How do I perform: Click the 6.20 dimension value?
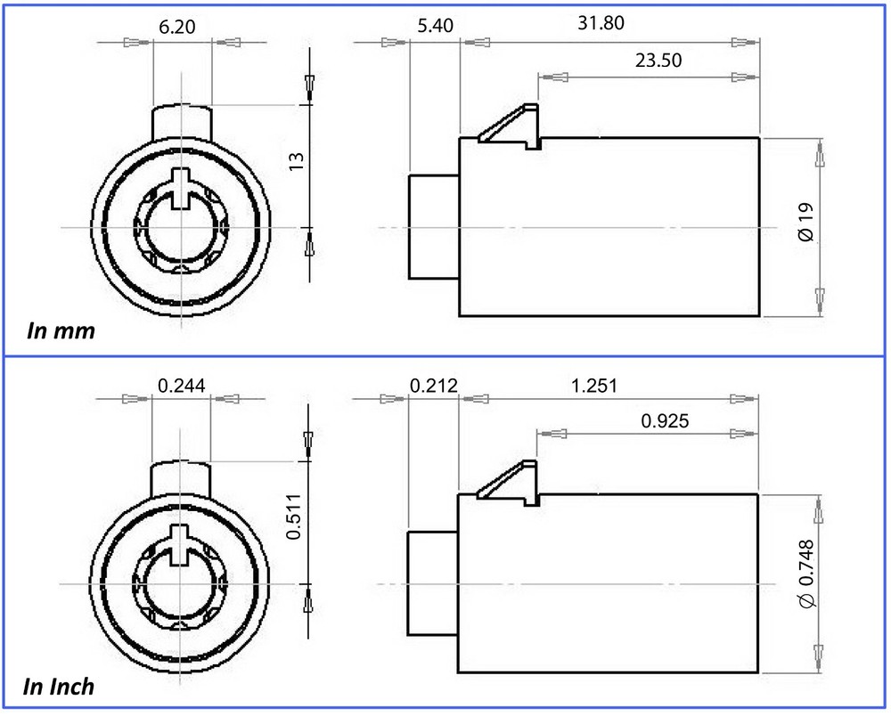[x=176, y=27]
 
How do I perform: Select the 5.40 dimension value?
[x=436, y=26]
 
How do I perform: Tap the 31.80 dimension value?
[x=601, y=23]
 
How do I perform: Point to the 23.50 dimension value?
[x=658, y=60]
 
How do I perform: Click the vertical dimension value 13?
[x=297, y=162]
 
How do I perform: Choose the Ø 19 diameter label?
[x=805, y=222]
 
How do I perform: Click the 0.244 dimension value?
[x=181, y=386]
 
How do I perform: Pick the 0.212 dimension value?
[x=434, y=386]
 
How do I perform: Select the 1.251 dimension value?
[x=593, y=386]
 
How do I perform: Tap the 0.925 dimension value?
[x=665, y=420]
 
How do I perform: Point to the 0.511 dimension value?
[x=294, y=517]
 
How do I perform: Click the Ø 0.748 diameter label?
[x=806, y=574]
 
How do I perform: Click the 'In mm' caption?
[x=61, y=330]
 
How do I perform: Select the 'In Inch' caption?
[x=59, y=687]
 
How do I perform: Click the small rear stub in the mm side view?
[x=434, y=226]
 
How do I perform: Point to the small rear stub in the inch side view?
[x=432, y=583]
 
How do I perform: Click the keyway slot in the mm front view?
[x=181, y=189]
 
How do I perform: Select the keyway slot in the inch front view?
[x=180, y=544]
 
